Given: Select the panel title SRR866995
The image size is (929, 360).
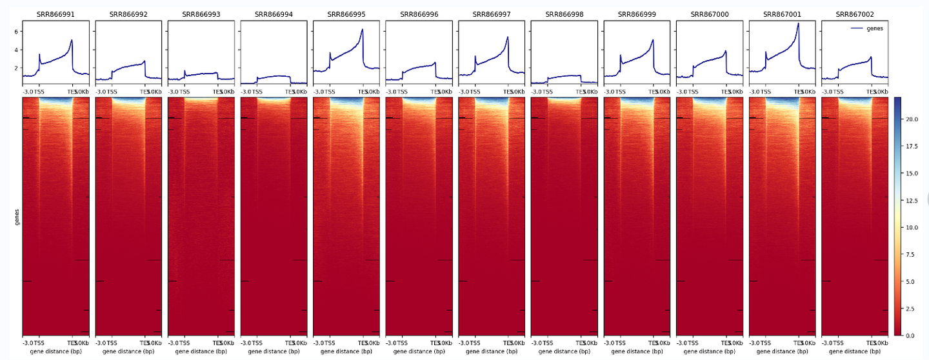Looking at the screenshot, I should tap(346, 14).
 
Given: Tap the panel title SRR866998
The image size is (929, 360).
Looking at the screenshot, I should tap(564, 14).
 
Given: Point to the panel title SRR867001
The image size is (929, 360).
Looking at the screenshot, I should tap(782, 14).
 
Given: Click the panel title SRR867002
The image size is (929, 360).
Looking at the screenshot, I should tap(854, 14).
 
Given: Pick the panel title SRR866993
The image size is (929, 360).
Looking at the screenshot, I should tap(201, 14).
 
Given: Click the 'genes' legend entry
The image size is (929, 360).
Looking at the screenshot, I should tap(876, 28).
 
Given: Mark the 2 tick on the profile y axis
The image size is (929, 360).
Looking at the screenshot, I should tap(17, 67).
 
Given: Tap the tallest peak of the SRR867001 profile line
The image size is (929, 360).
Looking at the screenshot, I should tap(798, 24).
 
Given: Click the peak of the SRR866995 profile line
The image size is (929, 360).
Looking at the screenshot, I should tap(363, 30).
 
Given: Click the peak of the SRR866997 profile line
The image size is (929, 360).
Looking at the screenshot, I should tap(508, 37).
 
